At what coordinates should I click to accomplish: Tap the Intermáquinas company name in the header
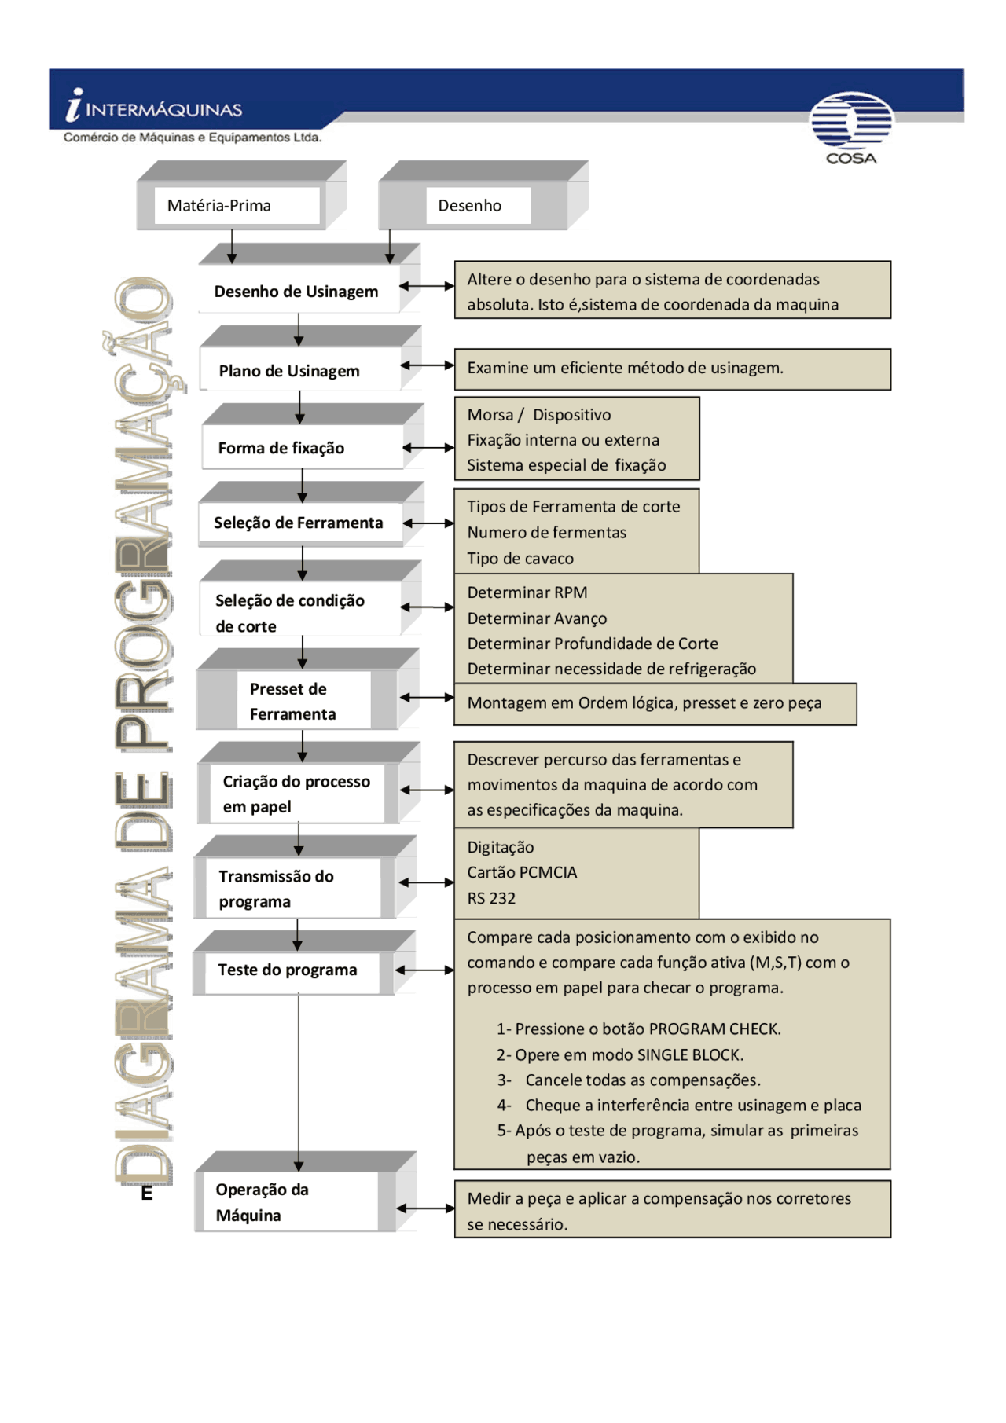pyautogui.click(x=163, y=109)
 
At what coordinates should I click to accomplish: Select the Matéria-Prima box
pyautogui.click(x=237, y=205)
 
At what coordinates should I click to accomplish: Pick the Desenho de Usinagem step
pyautogui.click(x=297, y=292)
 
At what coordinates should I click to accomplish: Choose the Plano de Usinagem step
pyautogui.click(x=290, y=371)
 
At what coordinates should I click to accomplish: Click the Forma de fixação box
pyautogui.click(x=282, y=448)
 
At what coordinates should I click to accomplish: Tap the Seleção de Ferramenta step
pyautogui.click(x=299, y=523)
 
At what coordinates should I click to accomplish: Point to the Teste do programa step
pyautogui.click(x=288, y=970)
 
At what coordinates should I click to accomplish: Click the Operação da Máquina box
pyautogui.click(x=262, y=1202)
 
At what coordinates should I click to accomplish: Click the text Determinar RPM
pyautogui.click(x=527, y=592)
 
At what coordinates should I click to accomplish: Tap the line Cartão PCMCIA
pyautogui.click(x=522, y=872)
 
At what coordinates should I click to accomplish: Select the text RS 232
pyautogui.click(x=491, y=898)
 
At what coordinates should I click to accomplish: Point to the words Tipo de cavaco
pyautogui.click(x=520, y=559)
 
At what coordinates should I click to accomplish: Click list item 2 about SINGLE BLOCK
pyautogui.click(x=619, y=1054)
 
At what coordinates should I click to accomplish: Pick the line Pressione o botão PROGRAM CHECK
pyautogui.click(x=638, y=1029)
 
